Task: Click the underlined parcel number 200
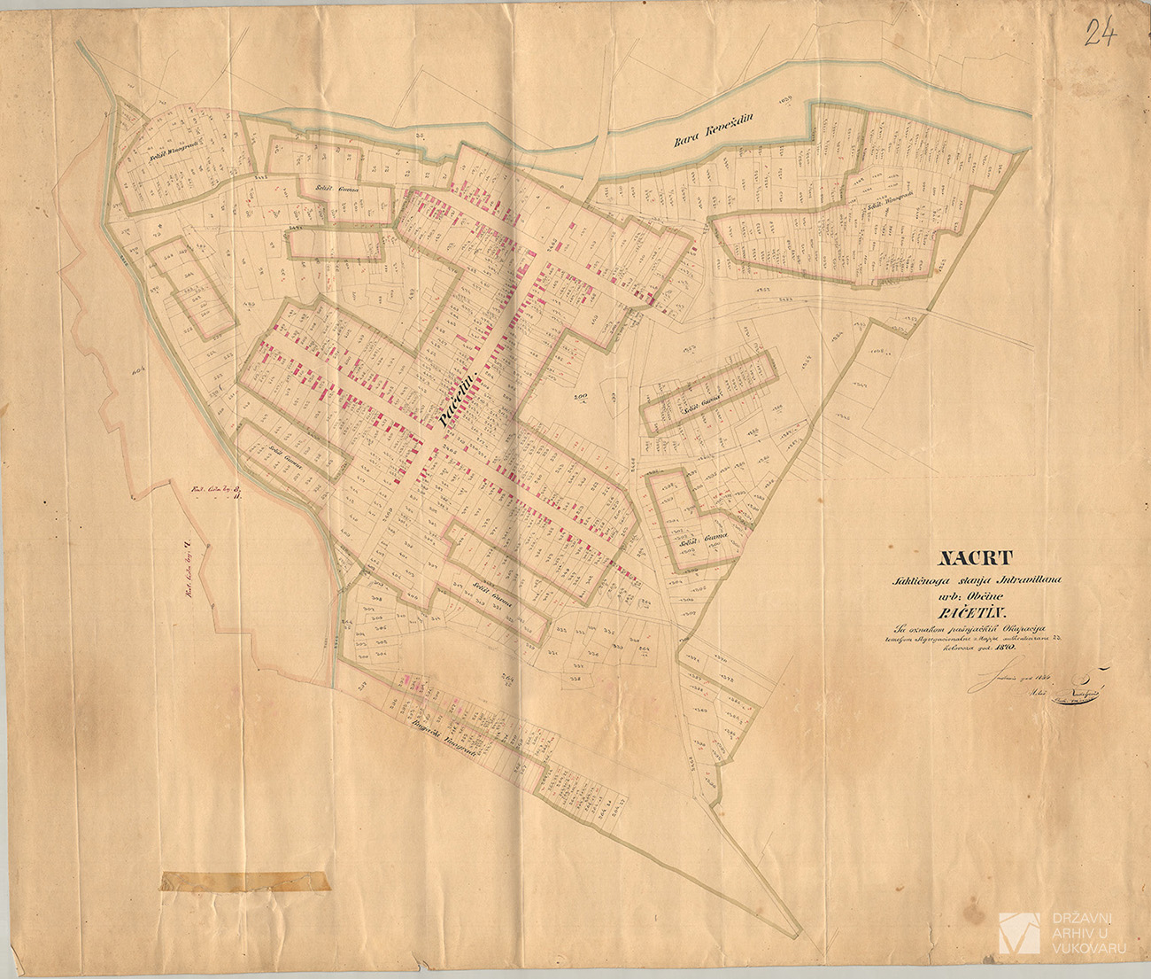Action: (x=581, y=397)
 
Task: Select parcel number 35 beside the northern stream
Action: (x=421, y=136)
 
